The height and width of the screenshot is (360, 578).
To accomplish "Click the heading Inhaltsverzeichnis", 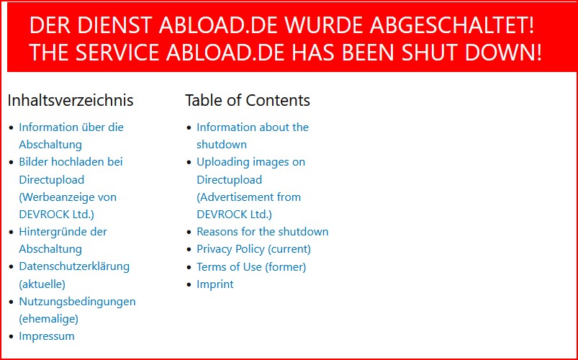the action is coord(71,100).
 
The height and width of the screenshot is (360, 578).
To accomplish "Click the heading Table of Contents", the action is coord(248,100).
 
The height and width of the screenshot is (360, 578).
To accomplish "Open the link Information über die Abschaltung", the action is coord(71,136).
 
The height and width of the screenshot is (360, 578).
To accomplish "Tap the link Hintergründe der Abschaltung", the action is coord(63,240).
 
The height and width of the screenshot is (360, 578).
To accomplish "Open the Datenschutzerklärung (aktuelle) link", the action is coord(74,275).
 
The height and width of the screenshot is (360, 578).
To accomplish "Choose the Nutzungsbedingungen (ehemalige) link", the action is coord(78,310).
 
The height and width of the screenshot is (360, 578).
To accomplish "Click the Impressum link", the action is coord(47,336).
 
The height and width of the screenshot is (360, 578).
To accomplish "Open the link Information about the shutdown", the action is coord(253,136).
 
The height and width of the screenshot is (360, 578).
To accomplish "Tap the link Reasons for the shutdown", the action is coord(263,232).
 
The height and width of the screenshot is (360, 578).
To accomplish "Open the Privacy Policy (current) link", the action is coord(253,249).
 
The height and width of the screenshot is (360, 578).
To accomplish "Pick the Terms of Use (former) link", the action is coord(251,266).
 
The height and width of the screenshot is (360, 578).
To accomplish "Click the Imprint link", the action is coord(215,284).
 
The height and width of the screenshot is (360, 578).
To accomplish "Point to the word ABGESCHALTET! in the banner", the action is coord(452,25).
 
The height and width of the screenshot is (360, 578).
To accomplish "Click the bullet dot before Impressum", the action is coord(12,336).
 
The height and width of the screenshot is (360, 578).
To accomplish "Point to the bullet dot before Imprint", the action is coord(189,284).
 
